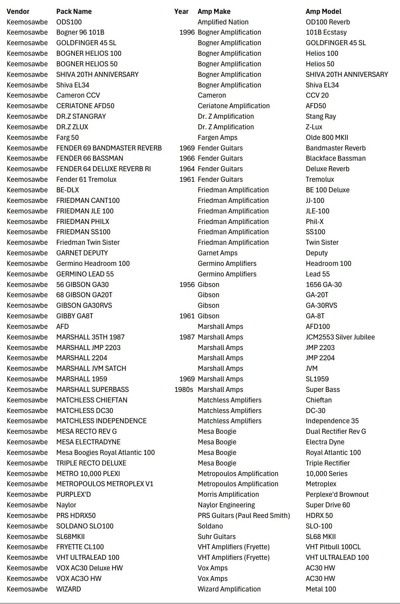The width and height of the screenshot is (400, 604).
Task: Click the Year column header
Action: [181, 12]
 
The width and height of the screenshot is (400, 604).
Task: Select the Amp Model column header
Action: [323, 12]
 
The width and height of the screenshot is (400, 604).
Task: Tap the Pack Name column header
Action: [74, 12]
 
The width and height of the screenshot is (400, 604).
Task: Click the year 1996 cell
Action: [187, 32]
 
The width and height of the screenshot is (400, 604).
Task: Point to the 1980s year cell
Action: [184, 390]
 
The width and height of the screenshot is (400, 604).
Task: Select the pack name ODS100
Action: [69, 22]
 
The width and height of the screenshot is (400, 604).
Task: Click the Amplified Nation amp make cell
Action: [223, 22]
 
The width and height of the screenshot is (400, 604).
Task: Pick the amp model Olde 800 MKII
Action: [327, 138]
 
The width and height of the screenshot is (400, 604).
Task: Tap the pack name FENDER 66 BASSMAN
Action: [90, 158]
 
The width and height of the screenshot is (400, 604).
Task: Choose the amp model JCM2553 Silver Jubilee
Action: [340, 337]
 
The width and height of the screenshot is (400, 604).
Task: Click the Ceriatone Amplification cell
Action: [233, 106]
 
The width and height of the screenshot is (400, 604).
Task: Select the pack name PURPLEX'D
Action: [74, 494]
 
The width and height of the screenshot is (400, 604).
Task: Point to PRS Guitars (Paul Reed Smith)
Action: [244, 516]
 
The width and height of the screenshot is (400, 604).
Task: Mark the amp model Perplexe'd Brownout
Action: [337, 494]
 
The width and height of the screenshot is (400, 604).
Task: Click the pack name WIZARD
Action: [69, 589]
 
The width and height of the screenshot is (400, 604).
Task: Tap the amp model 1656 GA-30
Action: [323, 285]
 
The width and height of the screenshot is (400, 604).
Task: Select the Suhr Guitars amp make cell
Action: [217, 537]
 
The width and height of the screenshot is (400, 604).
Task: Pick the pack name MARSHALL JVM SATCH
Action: [91, 368]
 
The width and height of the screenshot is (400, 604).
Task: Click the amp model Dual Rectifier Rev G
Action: [336, 431]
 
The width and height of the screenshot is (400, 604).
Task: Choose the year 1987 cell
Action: [187, 337]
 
